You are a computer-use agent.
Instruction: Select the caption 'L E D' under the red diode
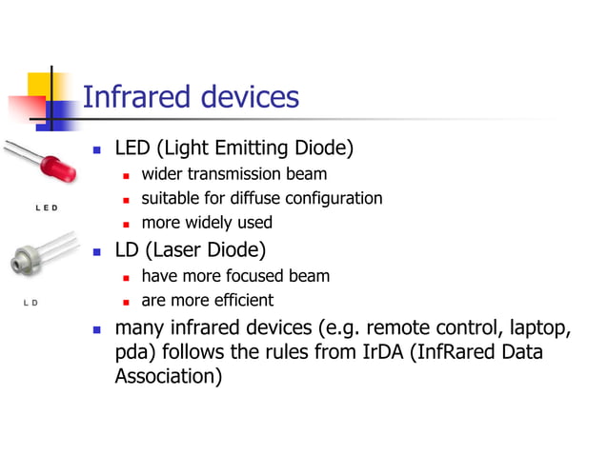pyautogui.click(x=47, y=208)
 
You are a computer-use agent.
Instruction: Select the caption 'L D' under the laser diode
pyautogui.click(x=30, y=304)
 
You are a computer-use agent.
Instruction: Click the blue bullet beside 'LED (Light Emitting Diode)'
pyautogui.click(x=97, y=149)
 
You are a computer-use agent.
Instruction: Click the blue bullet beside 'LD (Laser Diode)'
pyautogui.click(x=97, y=252)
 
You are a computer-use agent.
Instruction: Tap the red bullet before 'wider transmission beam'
pyautogui.click(x=127, y=175)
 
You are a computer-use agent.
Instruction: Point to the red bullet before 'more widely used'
pyautogui.click(x=127, y=224)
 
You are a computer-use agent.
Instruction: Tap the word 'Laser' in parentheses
pyautogui.click(x=177, y=250)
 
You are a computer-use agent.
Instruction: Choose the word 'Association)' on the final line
pyautogui.click(x=169, y=376)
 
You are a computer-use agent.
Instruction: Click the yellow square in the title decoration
pyautogui.click(x=40, y=84)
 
